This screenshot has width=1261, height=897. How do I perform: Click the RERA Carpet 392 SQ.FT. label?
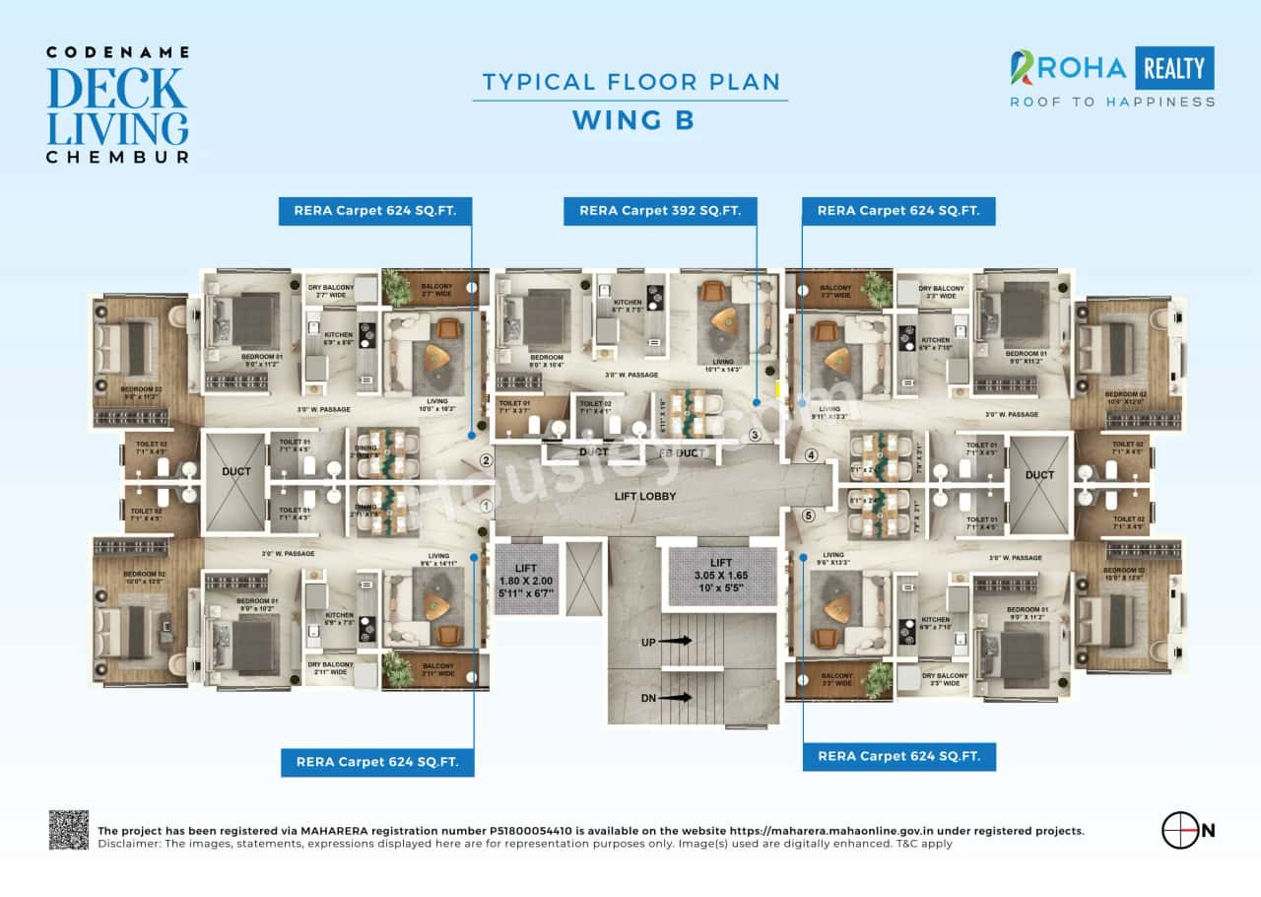[x=660, y=210]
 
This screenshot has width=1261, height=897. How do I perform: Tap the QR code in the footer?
[x=69, y=830]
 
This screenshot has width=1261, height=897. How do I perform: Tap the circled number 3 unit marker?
[x=755, y=435]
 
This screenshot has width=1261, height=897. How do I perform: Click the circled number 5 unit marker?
[x=809, y=515]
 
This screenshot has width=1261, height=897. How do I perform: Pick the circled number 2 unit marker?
[x=485, y=459]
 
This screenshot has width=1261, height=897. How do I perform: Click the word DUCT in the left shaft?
[x=235, y=472]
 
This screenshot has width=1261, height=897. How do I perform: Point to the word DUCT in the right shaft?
[x=1039, y=475]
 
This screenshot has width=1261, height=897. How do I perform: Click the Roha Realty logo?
[x=1112, y=68]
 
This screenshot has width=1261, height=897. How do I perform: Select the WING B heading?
[x=632, y=120]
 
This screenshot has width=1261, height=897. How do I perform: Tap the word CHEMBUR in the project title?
[x=117, y=156]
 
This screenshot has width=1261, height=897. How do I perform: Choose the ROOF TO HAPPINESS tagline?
[x=1112, y=102]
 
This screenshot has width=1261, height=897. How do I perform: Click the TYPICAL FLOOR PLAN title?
[x=630, y=82]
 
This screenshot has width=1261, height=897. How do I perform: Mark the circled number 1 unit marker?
[x=485, y=506]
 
